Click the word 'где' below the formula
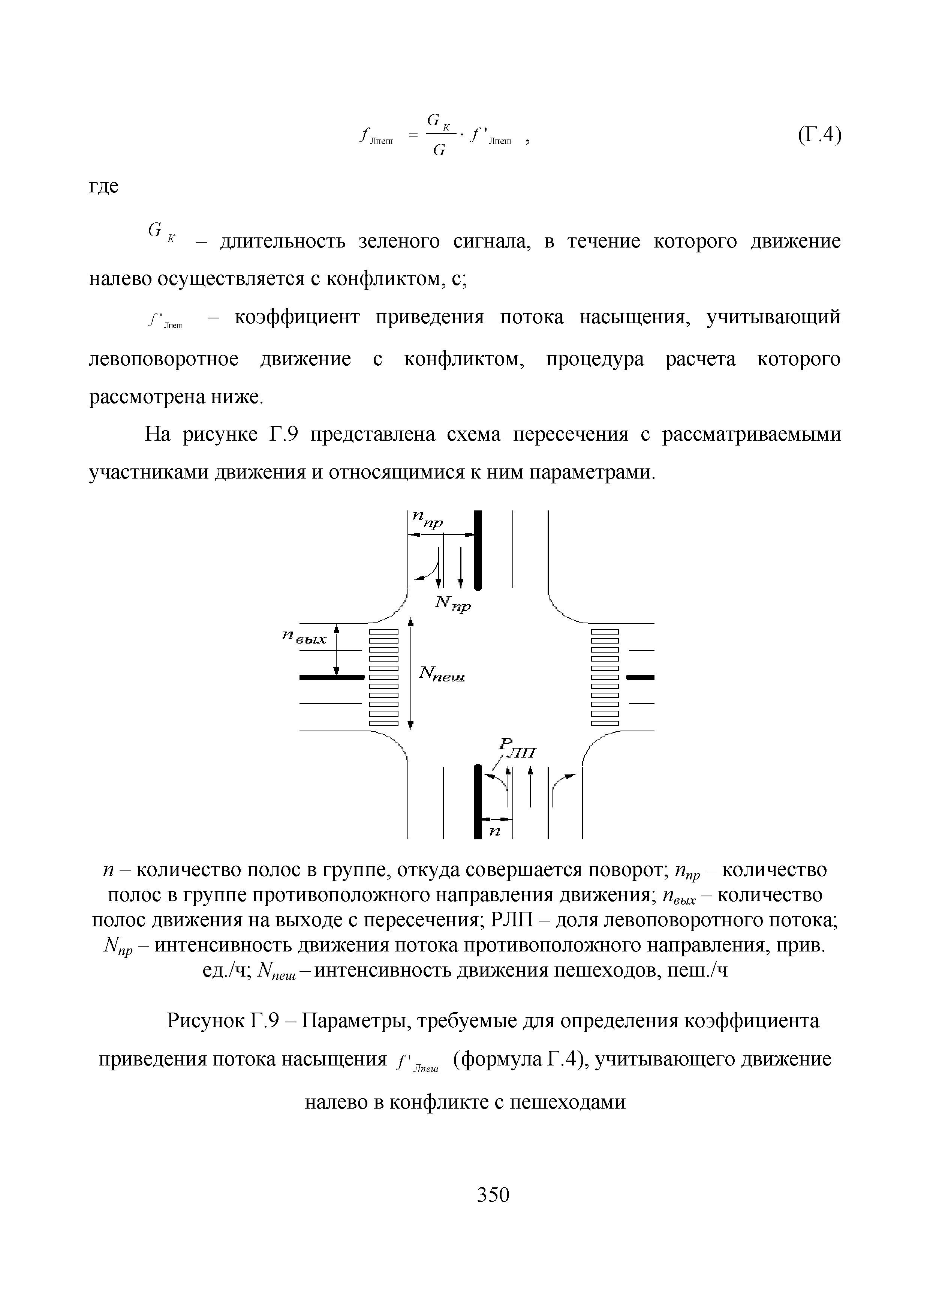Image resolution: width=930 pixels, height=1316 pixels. (x=104, y=187)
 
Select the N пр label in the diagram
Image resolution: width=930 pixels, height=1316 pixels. (x=453, y=603)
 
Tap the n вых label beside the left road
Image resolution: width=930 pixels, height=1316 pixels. (x=304, y=637)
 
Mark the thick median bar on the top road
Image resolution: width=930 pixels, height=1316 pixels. (x=478, y=550)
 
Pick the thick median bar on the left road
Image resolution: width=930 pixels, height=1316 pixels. (x=332, y=677)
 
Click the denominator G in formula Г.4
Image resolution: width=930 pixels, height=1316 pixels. (x=439, y=150)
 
